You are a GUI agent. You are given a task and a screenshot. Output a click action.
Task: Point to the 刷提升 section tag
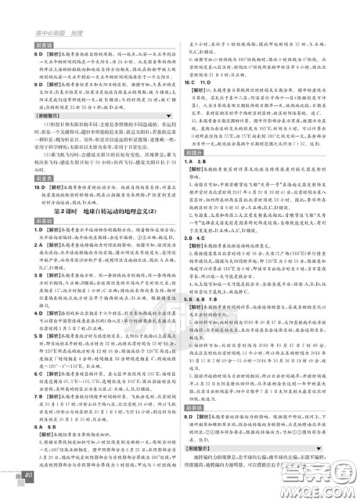click(x=197, y=174)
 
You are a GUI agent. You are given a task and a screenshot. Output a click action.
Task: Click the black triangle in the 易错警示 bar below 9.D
click(x=169, y=115)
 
